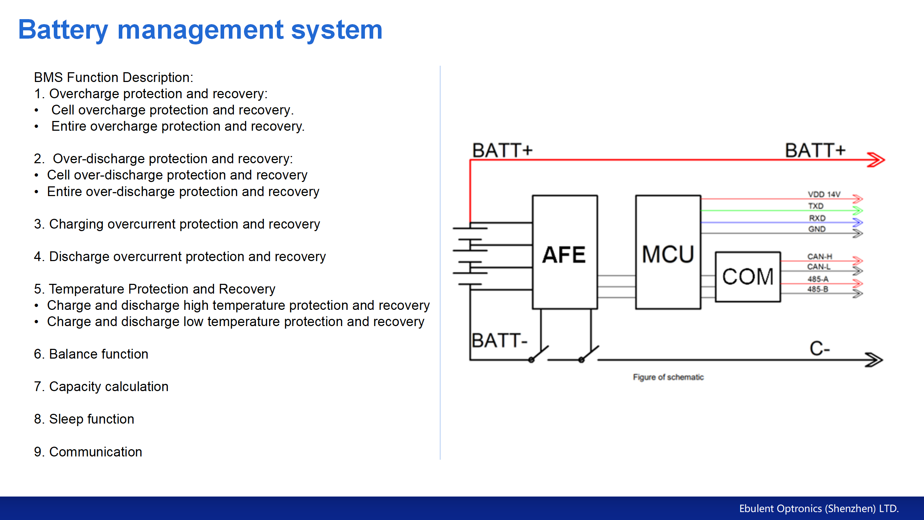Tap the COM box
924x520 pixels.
748,277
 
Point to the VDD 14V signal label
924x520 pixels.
824,194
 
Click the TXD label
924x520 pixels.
816,206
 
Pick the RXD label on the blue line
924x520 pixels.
817,218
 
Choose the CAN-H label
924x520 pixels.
820,256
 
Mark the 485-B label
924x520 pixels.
818,289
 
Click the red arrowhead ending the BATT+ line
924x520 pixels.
876,160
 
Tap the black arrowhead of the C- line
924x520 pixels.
874,360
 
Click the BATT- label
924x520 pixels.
500,341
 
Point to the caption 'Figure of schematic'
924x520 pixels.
668,377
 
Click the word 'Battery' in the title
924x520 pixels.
63,30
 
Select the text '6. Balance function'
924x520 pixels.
91,354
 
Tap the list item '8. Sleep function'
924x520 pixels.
84,419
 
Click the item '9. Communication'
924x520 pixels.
88,452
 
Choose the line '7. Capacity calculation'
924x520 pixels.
101,386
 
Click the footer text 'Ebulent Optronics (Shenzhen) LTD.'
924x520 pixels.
819,508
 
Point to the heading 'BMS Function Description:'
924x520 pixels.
114,77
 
